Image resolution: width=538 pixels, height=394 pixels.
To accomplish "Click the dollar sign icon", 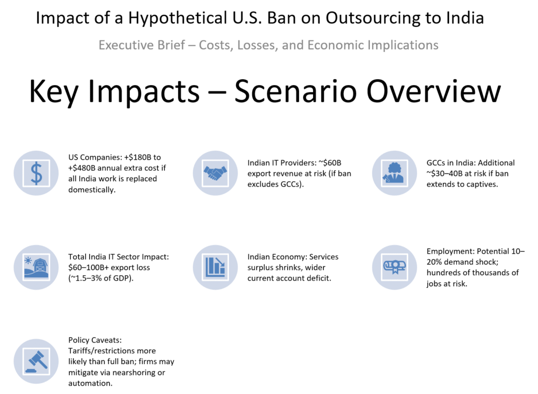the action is click(36, 173).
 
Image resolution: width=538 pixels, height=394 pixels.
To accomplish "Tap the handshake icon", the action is click(215, 173).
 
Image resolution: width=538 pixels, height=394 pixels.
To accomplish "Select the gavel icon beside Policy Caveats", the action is click(36, 361).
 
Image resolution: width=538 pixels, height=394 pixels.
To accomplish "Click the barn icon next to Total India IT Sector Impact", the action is click(36, 267).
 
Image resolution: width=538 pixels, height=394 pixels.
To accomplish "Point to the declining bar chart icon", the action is click(215, 267).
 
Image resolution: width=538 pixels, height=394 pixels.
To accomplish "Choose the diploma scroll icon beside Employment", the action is click(395, 267).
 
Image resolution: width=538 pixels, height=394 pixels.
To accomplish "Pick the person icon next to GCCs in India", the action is click(394, 173).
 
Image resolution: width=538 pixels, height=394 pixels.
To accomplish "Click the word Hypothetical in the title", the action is click(178, 18).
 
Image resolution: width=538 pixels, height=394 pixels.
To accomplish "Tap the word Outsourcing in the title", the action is click(373, 18).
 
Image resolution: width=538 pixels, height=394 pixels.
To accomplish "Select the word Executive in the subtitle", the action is click(142, 45).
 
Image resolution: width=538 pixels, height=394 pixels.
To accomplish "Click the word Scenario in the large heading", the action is click(296, 91).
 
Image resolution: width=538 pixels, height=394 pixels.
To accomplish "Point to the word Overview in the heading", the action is click(434, 91).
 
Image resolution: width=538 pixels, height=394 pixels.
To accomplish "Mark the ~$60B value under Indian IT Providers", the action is click(330, 163).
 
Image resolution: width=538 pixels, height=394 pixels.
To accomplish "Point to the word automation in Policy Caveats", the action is click(90, 383).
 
